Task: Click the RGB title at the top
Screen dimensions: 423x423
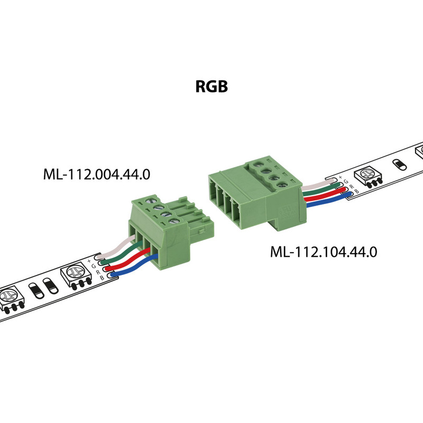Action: click(x=212, y=86)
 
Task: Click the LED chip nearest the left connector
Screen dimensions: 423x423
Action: click(x=75, y=275)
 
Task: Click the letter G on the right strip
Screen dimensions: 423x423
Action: click(x=345, y=181)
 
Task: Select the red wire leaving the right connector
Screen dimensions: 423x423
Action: click(x=323, y=196)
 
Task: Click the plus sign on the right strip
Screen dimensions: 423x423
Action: click(x=340, y=177)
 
